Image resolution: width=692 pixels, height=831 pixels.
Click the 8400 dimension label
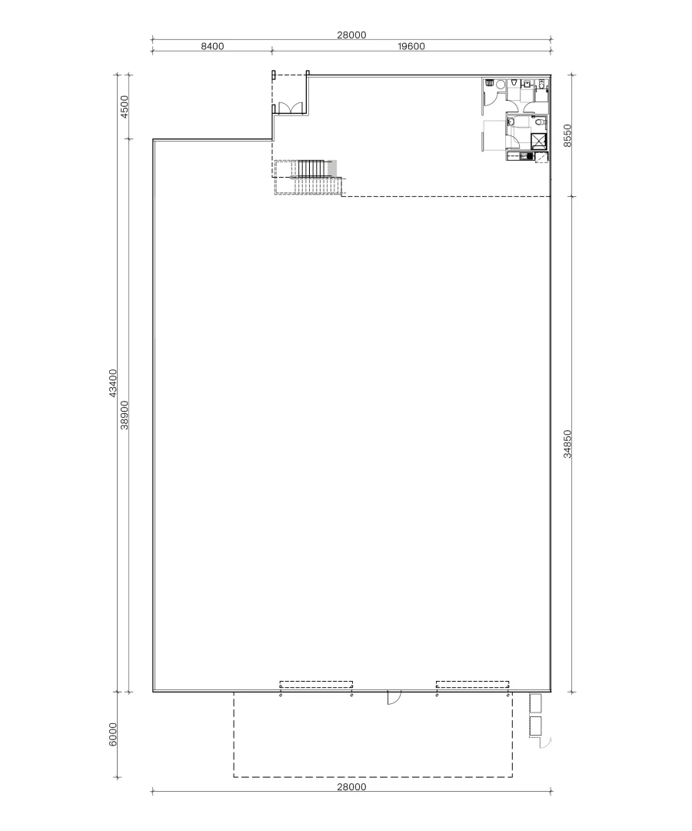(x=211, y=46)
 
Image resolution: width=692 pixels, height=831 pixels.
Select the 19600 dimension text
(x=411, y=46)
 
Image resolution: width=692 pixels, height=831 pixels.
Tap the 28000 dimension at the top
(x=351, y=34)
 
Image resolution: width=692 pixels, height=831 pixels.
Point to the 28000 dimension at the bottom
(x=351, y=786)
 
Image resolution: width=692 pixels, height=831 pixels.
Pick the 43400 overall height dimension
(x=112, y=383)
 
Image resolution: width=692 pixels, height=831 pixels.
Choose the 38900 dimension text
(x=125, y=415)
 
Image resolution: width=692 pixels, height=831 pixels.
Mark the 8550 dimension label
(x=567, y=135)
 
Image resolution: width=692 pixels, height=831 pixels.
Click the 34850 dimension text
(x=567, y=444)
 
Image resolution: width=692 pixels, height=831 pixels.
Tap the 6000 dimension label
(x=112, y=734)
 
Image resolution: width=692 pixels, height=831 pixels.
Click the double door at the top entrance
(x=290, y=108)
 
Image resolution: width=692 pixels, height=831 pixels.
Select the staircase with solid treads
(x=312, y=168)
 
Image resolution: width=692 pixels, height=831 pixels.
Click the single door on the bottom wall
(x=392, y=698)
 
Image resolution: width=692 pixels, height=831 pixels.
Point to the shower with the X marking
(x=538, y=141)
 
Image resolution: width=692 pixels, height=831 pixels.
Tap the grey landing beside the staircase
(x=332, y=168)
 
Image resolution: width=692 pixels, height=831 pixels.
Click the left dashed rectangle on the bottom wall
(x=316, y=684)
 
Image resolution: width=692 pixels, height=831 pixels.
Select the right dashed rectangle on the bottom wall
(x=472, y=684)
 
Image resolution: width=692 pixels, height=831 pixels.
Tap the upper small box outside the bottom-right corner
(x=535, y=703)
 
